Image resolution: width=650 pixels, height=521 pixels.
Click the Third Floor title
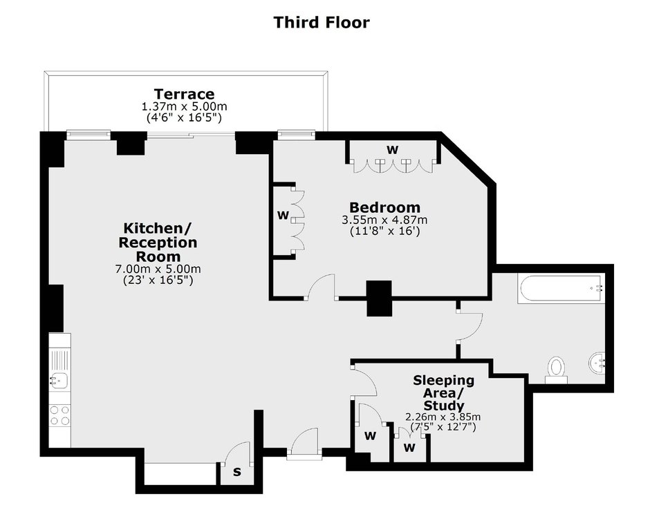[322, 22]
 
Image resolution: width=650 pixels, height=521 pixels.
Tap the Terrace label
[184, 93]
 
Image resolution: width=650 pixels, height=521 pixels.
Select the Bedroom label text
[384, 207]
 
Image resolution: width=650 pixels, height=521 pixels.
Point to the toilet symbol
[556, 370]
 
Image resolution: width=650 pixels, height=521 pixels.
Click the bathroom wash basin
[597, 363]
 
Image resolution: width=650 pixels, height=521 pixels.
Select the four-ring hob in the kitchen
[59, 415]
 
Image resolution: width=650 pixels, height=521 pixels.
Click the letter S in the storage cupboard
[236, 472]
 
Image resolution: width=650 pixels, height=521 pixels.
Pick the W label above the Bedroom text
[392, 150]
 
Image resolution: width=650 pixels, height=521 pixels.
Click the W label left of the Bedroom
[283, 216]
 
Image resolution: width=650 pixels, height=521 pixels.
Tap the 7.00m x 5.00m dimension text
[158, 269]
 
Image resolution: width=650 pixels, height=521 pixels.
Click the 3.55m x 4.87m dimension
[384, 220]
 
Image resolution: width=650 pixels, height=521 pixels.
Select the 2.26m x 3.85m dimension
[443, 417]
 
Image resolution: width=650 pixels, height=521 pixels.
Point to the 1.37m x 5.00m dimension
[185, 106]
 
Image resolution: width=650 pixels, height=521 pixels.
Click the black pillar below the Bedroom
[380, 299]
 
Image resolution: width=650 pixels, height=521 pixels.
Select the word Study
[443, 406]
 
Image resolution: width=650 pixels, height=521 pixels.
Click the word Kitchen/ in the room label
[158, 228]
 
